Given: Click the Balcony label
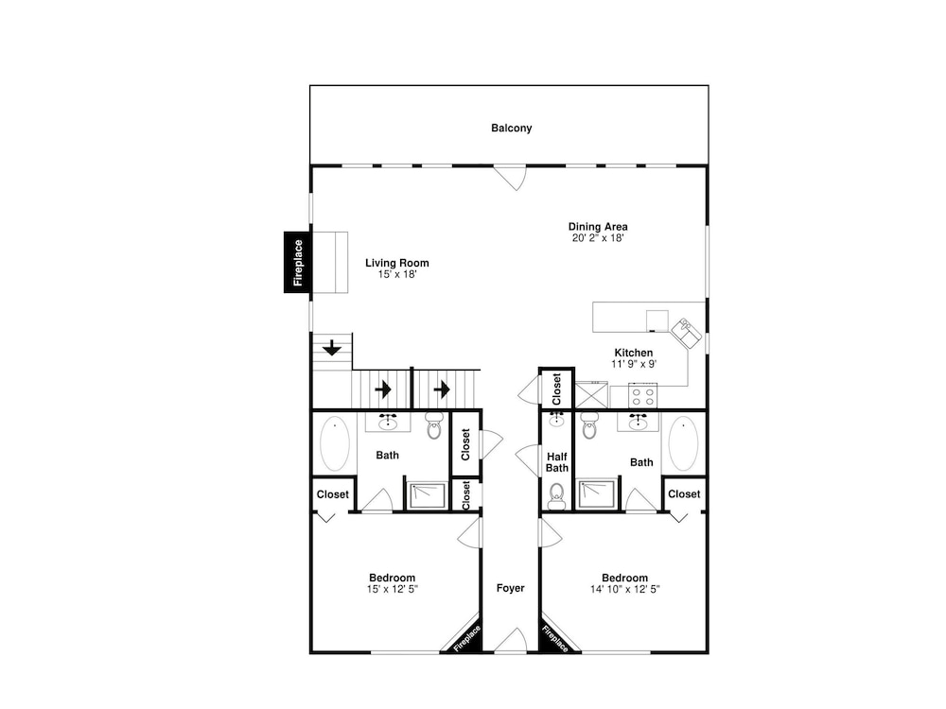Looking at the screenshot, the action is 511,128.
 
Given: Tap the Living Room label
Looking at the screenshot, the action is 397,263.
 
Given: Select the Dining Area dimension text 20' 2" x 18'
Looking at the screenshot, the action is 598,238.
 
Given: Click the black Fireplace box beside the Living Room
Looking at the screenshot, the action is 297,262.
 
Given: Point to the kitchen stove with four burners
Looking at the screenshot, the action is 642,395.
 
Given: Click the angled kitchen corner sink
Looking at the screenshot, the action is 687,333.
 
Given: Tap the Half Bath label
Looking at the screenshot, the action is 557,462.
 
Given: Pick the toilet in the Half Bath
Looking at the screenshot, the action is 556,495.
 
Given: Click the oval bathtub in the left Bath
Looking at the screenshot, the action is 334,443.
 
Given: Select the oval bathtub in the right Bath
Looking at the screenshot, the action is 683,443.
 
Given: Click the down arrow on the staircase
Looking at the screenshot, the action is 332,348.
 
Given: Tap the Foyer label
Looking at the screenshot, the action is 511,588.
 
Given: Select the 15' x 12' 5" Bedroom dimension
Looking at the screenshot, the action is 393,589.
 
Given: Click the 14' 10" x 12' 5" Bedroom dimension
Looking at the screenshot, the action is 625,589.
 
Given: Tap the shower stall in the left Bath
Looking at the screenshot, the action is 428,495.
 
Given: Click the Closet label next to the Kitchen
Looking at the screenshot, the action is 556,389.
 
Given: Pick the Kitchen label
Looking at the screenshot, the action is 634,353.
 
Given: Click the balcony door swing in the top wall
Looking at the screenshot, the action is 511,178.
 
